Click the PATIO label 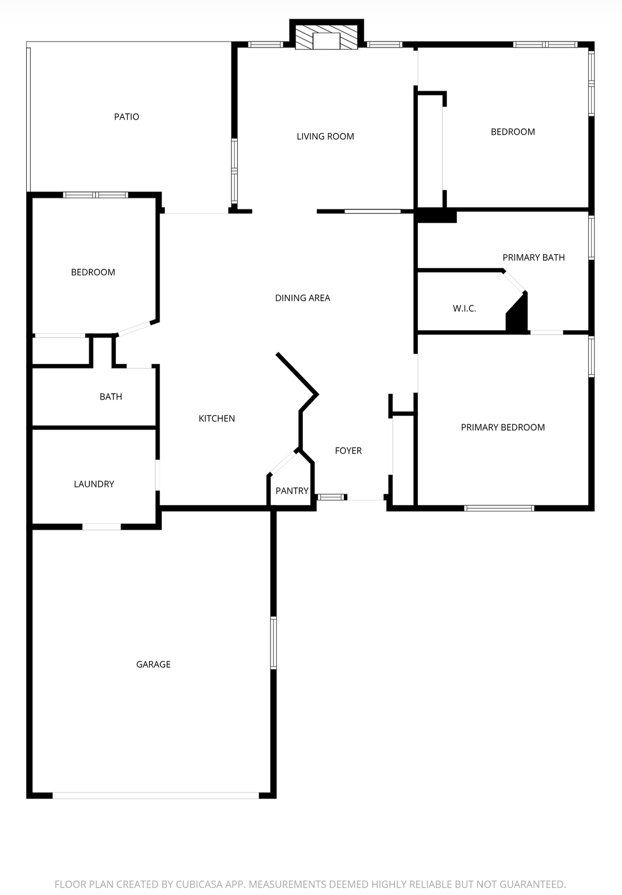[126, 117]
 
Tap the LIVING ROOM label [325, 137]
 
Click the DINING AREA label [302, 298]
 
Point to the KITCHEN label [217, 419]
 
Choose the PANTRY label [292, 491]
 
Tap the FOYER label [348, 451]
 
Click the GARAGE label [153, 665]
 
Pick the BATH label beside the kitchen [111, 397]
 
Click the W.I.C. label [464, 308]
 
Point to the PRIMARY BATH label [533, 258]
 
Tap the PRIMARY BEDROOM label [502, 427]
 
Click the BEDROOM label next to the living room [513, 132]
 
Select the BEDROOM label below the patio [93, 273]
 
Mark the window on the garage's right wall [274, 643]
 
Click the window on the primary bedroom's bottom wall [499, 509]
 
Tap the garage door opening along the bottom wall [156, 796]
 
